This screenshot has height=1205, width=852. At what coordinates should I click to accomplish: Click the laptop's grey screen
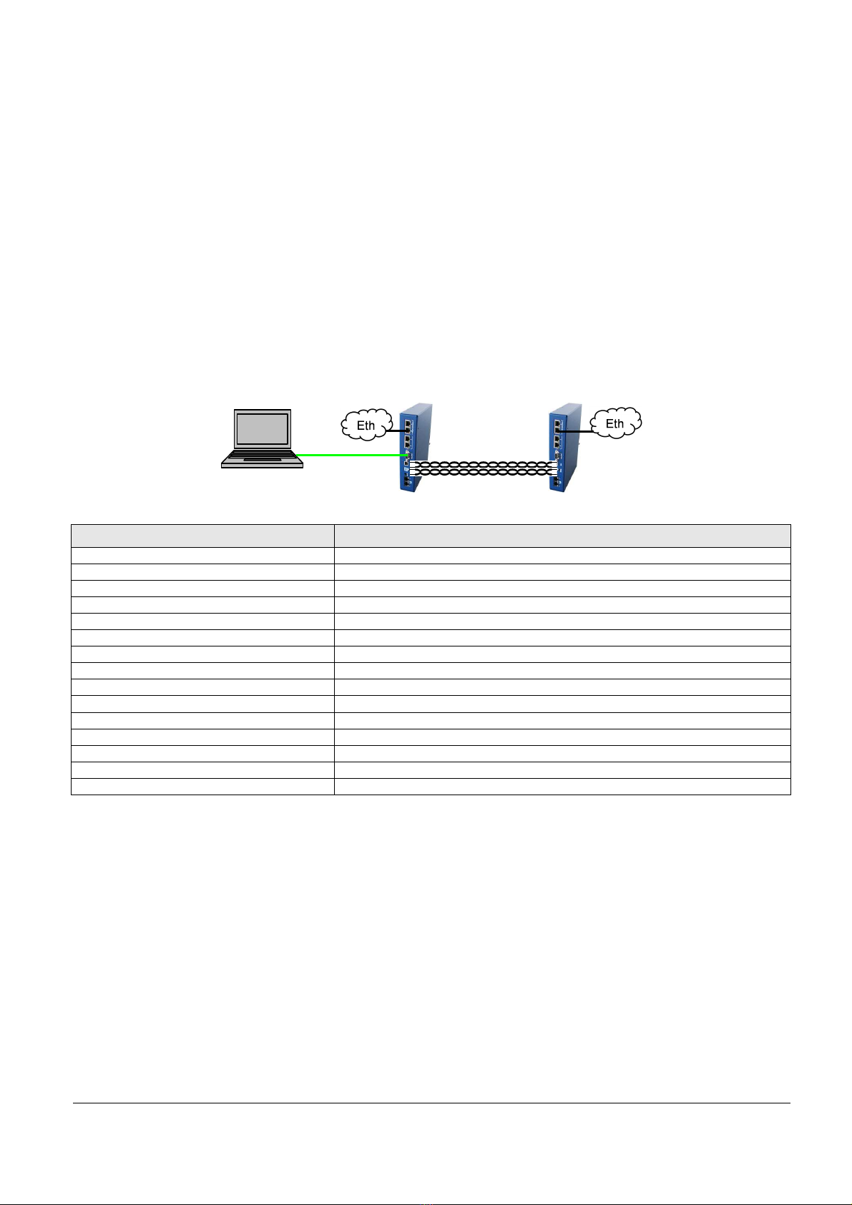[262, 428]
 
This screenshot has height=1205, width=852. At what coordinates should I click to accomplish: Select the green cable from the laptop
[351, 455]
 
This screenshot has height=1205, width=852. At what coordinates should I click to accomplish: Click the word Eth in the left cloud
[366, 426]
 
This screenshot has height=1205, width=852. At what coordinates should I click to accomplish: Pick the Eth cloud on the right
[616, 423]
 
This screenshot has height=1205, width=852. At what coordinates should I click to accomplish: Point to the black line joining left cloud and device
[396, 431]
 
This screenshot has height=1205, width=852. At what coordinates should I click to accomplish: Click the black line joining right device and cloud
[576, 431]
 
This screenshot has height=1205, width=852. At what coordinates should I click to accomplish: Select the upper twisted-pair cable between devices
[483, 464]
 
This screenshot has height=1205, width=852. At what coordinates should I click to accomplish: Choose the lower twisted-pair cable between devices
[483, 472]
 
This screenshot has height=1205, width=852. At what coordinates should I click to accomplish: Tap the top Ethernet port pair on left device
[408, 426]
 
